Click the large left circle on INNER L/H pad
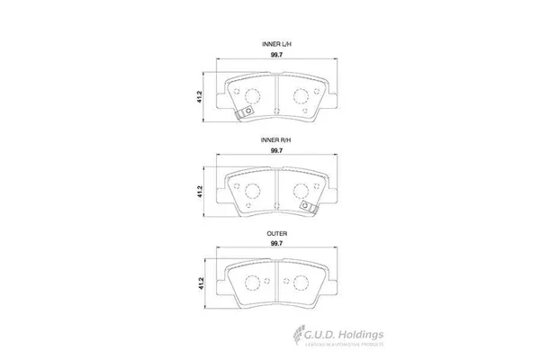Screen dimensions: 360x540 252,94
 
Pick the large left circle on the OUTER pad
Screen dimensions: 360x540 252,283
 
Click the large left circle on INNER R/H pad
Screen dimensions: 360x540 252,190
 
